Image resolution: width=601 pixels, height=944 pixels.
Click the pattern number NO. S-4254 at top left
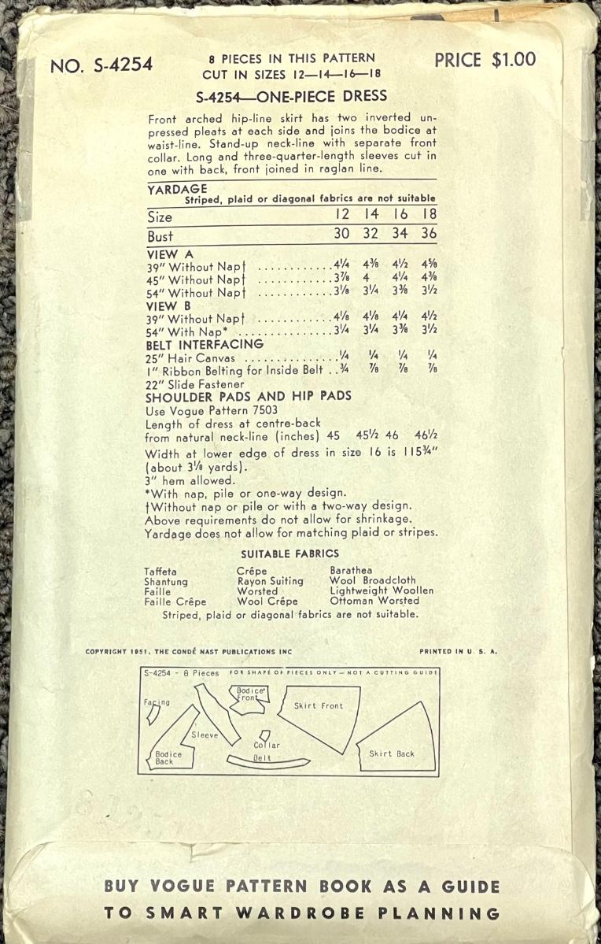coord(101,66)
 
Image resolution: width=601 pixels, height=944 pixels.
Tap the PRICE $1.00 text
coord(485,60)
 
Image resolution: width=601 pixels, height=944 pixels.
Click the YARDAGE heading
coord(177,189)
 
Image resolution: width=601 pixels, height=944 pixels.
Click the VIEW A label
coord(170,254)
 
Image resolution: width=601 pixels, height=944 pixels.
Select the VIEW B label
coord(169,305)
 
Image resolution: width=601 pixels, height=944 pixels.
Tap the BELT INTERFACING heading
coord(205,344)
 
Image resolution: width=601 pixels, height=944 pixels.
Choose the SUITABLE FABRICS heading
coord(289,553)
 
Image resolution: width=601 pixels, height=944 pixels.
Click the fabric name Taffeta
coord(160,571)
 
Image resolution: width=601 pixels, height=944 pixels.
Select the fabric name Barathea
coord(351,570)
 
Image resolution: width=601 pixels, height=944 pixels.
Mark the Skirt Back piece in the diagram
coord(391,753)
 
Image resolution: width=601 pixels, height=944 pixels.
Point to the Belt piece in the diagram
coord(263,759)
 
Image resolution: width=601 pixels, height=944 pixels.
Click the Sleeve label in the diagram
coord(205,735)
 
